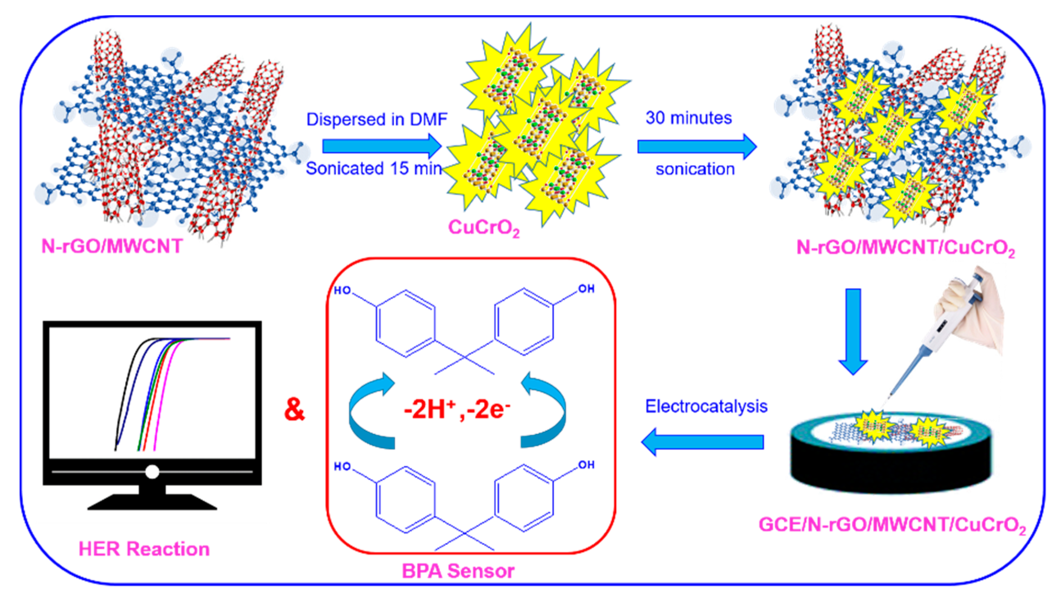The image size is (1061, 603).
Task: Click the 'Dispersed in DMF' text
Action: (x=376, y=120)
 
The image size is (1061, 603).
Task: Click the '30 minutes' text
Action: (x=689, y=118)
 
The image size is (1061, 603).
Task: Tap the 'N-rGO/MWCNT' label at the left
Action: (x=112, y=247)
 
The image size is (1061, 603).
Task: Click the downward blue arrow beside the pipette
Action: (x=853, y=331)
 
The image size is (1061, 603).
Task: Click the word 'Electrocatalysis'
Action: (x=706, y=406)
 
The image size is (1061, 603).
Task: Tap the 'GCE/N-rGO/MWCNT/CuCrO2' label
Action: (x=892, y=525)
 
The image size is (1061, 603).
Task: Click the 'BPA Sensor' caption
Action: (x=458, y=571)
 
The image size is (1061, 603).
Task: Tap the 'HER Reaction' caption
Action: (x=144, y=549)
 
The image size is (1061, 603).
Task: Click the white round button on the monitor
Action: (x=152, y=472)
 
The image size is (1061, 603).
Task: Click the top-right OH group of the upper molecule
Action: (x=586, y=289)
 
